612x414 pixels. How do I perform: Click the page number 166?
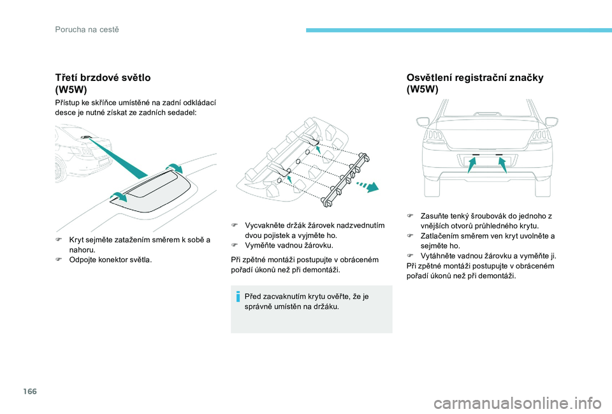point(30,391)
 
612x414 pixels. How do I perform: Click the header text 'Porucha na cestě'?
point(87,30)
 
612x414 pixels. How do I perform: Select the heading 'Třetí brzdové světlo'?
point(103,77)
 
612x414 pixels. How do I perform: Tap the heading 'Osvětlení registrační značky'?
point(475,77)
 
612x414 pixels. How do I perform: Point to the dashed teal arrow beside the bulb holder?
point(367,186)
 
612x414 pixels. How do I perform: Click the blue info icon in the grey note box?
point(238,297)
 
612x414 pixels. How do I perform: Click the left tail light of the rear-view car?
point(434,137)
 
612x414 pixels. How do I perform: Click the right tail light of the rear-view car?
point(541,137)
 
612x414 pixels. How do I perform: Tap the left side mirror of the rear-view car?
point(423,121)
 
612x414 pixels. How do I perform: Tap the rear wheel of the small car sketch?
point(60,171)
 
